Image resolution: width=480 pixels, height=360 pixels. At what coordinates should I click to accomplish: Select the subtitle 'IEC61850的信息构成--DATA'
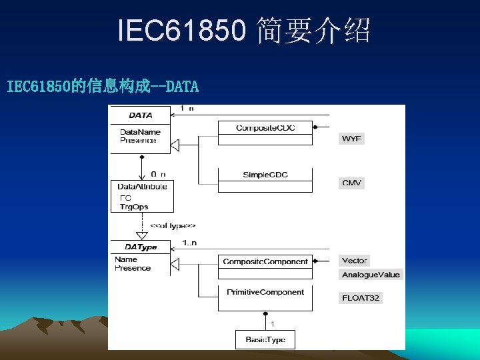[103, 86]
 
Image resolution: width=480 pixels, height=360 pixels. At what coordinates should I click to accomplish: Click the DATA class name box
[140, 115]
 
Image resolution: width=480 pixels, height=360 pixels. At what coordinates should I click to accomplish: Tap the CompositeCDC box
[265, 127]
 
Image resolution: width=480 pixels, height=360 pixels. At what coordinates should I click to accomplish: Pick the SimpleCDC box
[265, 175]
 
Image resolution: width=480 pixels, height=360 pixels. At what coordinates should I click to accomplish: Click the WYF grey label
[352, 139]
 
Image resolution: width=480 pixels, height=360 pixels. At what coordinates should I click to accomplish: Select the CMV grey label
[352, 183]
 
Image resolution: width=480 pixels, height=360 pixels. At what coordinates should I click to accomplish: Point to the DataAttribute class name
[142, 187]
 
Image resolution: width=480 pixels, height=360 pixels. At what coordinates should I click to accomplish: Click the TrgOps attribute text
[134, 207]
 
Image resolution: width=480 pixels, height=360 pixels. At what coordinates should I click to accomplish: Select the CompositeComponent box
[265, 261]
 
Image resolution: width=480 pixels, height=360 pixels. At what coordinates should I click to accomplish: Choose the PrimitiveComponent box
[265, 292]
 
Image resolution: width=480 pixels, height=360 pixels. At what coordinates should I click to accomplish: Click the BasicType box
[265, 339]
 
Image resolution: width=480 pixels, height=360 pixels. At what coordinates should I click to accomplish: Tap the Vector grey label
[354, 261]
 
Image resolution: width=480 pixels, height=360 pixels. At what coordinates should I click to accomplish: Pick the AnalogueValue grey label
[371, 275]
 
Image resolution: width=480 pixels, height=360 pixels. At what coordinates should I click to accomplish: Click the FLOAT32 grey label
[361, 298]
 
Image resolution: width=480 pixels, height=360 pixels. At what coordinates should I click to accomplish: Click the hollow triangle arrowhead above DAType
[141, 235]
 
